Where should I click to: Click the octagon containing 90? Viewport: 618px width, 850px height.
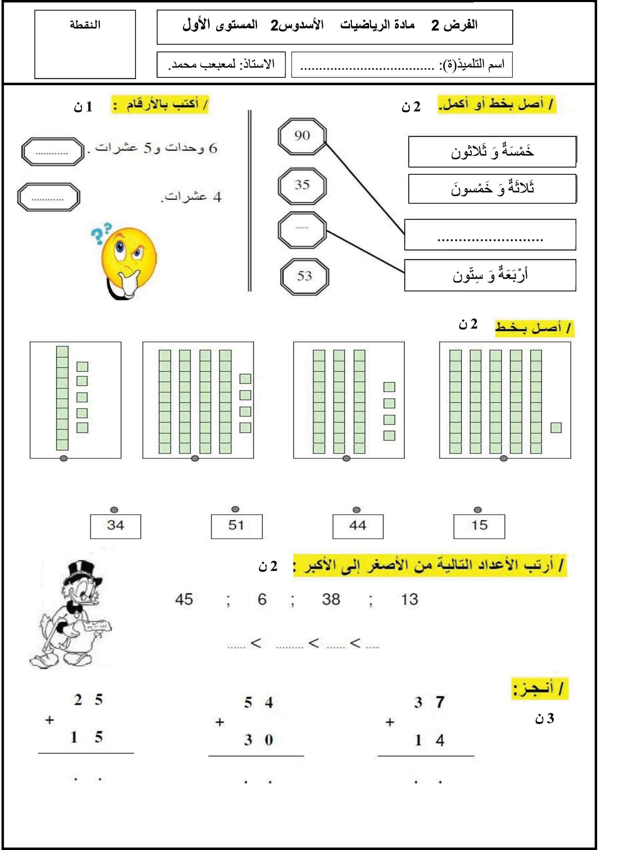tap(302, 136)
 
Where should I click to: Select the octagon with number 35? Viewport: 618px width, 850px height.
tap(302, 185)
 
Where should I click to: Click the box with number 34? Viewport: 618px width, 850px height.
tap(115, 526)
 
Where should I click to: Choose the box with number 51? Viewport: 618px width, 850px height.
tap(236, 526)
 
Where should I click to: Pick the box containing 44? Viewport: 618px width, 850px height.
tap(358, 526)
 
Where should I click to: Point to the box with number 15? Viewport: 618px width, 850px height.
tap(479, 526)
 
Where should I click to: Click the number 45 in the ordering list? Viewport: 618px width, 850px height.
tap(184, 599)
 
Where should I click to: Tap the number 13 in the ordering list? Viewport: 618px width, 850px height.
tap(409, 599)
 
